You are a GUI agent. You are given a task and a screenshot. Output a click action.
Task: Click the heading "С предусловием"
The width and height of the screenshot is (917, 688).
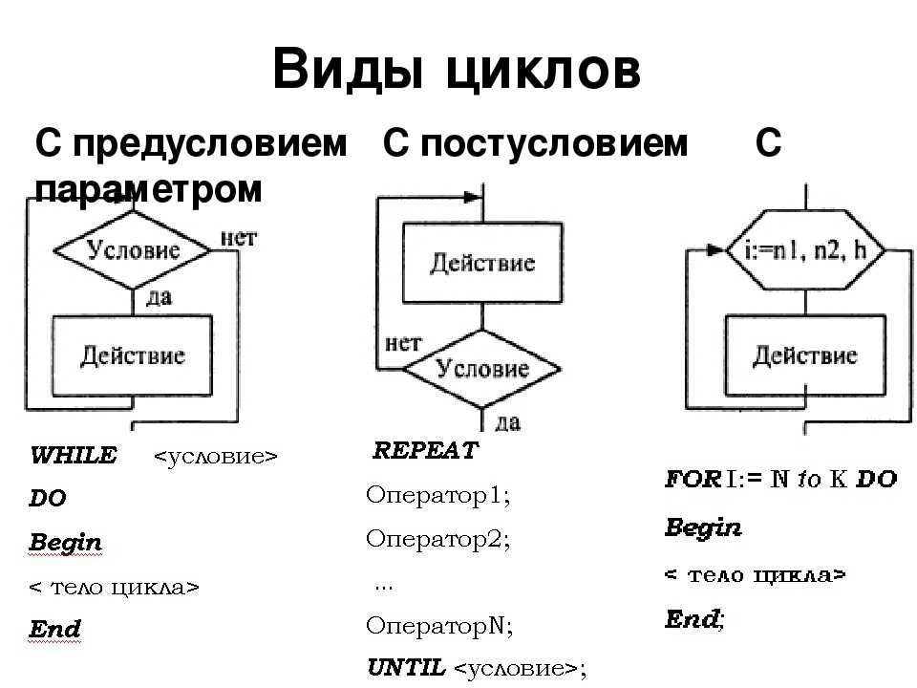pos(191,144)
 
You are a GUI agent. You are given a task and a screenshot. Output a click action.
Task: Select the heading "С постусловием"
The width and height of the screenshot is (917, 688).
pos(535,144)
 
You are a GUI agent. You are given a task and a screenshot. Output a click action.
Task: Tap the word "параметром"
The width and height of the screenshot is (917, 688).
pos(148,189)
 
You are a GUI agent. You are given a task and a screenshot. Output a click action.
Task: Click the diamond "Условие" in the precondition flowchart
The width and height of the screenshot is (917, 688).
pos(133,250)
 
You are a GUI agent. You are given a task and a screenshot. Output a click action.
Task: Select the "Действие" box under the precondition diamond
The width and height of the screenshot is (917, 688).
pos(133,355)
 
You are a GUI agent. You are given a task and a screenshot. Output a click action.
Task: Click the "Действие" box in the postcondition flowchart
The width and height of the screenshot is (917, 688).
pos(482,264)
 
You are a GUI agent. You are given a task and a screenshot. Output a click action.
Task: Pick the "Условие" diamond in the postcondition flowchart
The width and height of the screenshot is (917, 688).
pos(482,368)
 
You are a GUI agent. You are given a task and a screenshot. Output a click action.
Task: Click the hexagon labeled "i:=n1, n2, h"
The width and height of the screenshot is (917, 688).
pos(803,250)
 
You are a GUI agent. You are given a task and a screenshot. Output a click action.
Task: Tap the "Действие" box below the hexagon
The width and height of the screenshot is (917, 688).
pos(805,355)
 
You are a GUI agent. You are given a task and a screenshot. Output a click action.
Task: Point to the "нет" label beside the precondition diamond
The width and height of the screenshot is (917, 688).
pos(238,238)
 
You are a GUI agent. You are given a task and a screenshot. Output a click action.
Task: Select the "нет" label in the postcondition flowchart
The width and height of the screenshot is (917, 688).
pos(403,342)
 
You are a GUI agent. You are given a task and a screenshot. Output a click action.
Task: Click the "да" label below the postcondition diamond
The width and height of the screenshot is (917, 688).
pos(507,420)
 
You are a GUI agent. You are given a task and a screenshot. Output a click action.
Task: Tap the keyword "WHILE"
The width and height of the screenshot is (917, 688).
pos(74,456)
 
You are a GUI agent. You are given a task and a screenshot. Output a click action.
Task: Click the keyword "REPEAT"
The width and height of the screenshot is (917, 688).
pos(425,451)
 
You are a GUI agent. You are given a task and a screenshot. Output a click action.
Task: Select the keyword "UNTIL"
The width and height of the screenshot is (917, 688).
pos(407,666)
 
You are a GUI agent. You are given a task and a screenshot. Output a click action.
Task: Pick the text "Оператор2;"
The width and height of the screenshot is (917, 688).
pos(438,539)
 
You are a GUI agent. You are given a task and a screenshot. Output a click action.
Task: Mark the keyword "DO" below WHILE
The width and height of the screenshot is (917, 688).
pos(48,499)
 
